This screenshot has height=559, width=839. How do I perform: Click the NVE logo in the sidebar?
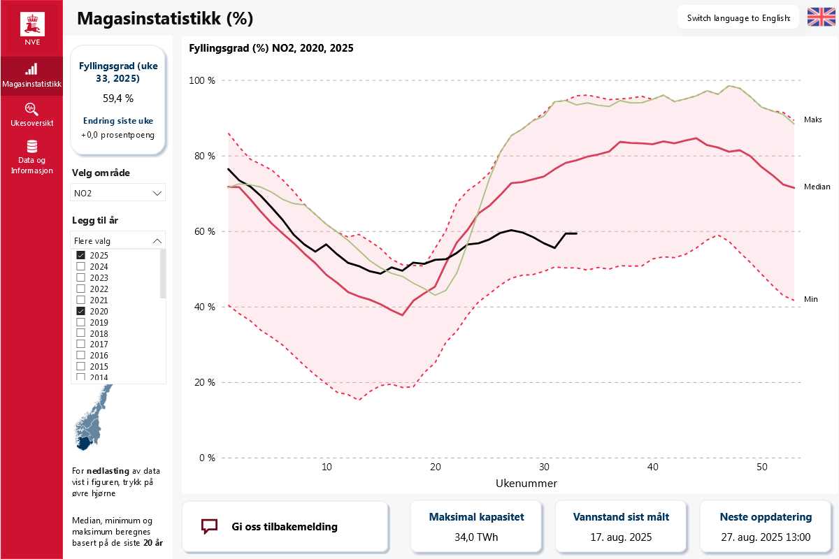pyautogui.click(x=32, y=29)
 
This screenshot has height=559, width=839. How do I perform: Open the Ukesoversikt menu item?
pyautogui.click(x=32, y=115)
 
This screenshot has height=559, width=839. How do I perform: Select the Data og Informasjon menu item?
pyautogui.click(x=32, y=157)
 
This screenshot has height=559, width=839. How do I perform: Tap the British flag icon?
pyautogui.click(x=821, y=17)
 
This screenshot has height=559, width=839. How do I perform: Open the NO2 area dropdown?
pyautogui.click(x=117, y=193)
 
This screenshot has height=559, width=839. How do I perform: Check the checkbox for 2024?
pyautogui.click(x=80, y=266)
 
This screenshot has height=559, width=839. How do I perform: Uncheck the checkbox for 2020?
pyautogui.click(x=80, y=311)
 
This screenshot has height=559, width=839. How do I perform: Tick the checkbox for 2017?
pyautogui.click(x=80, y=344)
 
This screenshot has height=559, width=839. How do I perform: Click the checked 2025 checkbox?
pyautogui.click(x=80, y=255)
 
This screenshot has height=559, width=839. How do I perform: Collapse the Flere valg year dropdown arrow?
pyautogui.click(x=157, y=241)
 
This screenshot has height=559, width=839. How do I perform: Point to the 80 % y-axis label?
pyautogui.click(x=204, y=156)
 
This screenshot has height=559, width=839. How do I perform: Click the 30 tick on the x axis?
pyautogui.click(x=544, y=467)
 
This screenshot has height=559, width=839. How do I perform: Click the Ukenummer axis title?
pyautogui.click(x=526, y=484)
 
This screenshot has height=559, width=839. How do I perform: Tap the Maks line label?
pyautogui.click(x=812, y=119)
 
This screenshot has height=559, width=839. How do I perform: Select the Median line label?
pyautogui.click(x=817, y=187)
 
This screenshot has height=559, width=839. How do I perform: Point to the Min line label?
pyautogui.click(x=810, y=299)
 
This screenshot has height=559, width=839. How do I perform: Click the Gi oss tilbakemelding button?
pyautogui.click(x=285, y=526)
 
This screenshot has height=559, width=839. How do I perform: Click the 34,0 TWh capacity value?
pyautogui.click(x=476, y=537)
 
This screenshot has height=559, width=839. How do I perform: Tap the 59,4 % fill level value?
pyautogui.click(x=118, y=98)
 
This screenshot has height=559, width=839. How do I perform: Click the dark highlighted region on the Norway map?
pyautogui.click(x=85, y=443)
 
